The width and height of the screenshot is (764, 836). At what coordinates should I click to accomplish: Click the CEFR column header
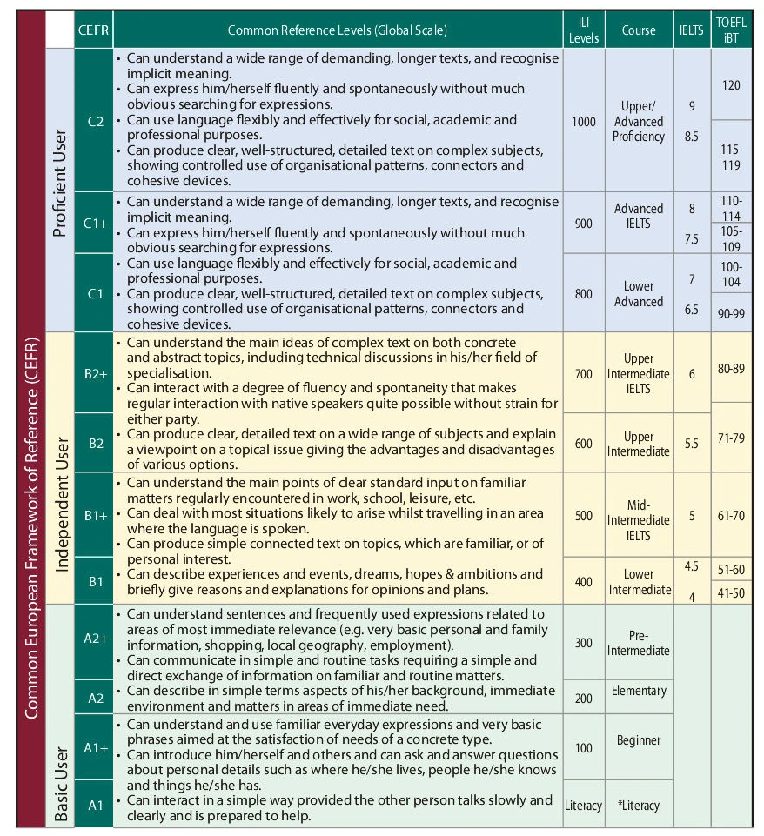coord(93,30)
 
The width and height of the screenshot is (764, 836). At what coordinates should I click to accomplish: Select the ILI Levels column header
coord(583,30)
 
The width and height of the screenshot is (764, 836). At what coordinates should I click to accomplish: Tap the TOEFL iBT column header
coord(731,30)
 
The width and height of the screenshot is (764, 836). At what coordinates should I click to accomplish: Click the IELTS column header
coord(692,30)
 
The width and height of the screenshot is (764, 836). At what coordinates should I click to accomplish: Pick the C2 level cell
coord(96,121)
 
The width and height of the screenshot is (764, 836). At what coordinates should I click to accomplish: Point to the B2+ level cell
coord(96,373)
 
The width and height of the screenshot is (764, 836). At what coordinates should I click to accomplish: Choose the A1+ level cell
coord(96,747)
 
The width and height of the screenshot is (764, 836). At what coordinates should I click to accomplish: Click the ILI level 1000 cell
coord(583,121)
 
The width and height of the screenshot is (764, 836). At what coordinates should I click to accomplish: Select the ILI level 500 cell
coord(583,515)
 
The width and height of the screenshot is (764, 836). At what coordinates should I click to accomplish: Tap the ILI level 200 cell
coord(583,698)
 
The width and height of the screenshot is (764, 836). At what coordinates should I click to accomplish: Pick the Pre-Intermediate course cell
coord(639,643)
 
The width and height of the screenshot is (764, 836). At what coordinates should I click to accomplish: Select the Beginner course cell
coord(639,740)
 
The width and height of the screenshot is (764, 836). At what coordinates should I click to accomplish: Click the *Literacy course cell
coord(639,806)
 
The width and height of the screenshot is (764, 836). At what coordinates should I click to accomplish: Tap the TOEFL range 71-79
coord(731,438)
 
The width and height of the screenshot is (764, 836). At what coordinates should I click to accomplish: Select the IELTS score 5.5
coord(692,444)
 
